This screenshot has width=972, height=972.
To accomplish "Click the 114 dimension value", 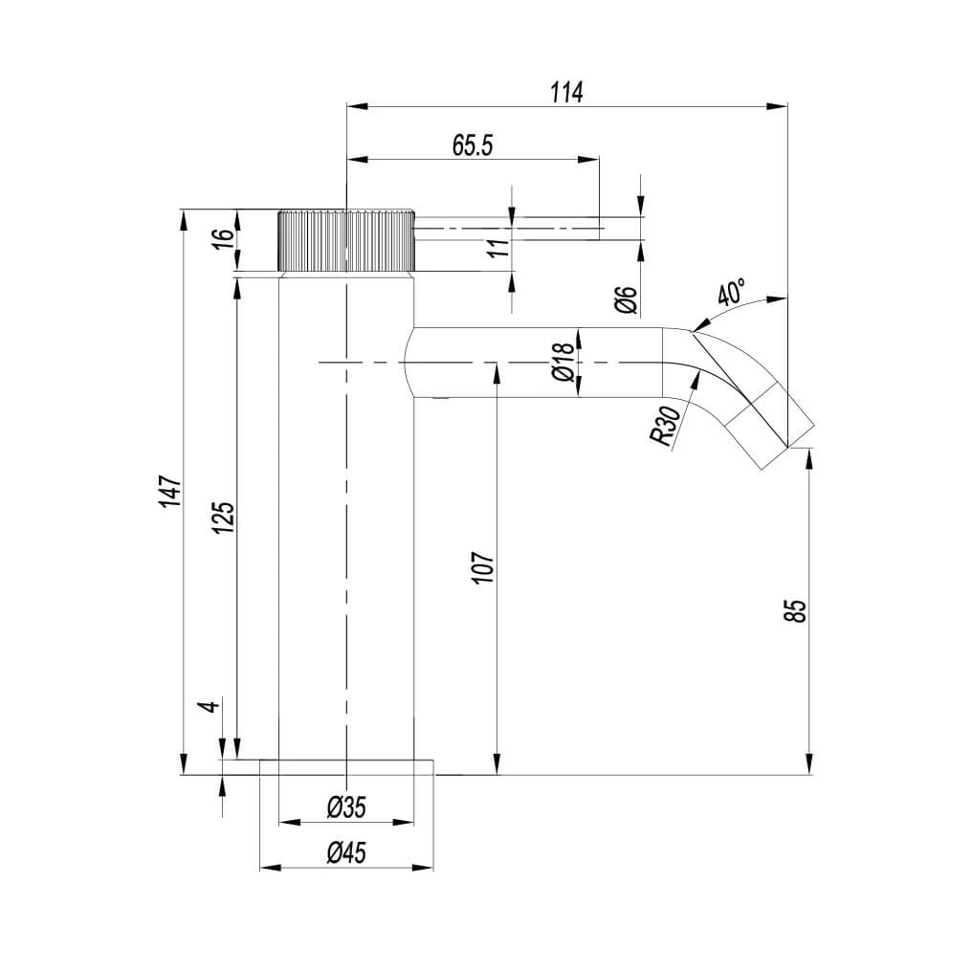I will pos(566,92).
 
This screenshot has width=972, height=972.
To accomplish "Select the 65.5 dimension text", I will pos(472,145).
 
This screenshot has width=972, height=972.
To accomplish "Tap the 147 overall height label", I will pos(169,490).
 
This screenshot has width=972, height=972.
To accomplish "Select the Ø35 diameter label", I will pos(345,808).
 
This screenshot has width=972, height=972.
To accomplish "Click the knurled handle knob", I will pos(345,240).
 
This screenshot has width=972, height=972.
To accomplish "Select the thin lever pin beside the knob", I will pos(507,228).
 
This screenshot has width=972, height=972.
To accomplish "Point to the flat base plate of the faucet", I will pos(345,766).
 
